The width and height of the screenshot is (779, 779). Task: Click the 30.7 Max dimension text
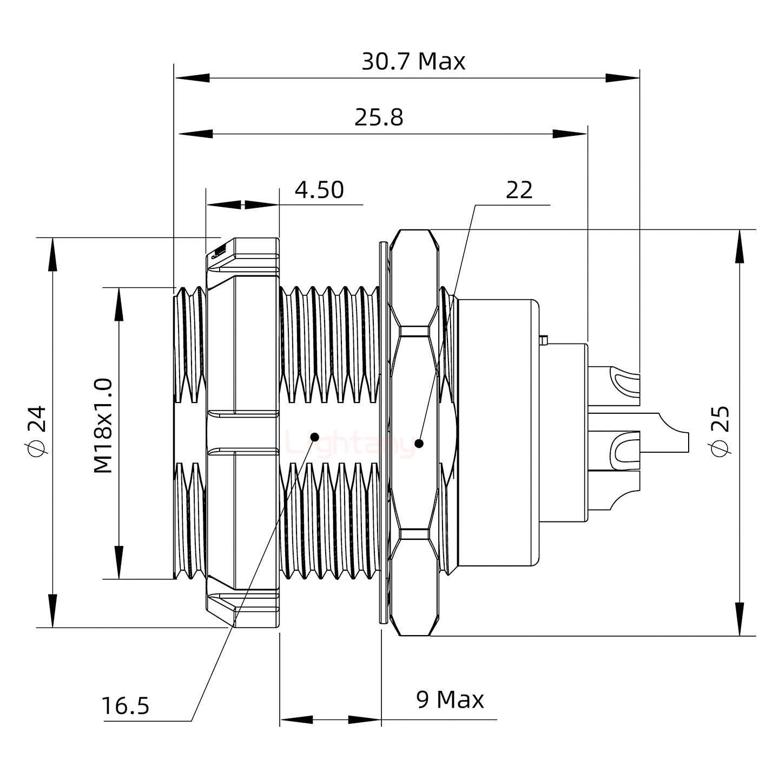tap(413, 62)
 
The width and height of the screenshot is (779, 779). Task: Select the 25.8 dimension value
tap(379, 117)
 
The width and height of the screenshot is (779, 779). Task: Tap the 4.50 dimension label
tap(319, 190)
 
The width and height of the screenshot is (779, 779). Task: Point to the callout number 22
tap(519, 190)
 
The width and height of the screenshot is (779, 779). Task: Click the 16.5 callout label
tap(125, 706)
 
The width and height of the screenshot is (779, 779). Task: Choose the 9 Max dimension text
tap(450, 699)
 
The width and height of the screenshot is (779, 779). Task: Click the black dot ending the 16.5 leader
tap(314, 437)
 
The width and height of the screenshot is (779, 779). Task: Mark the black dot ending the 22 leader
tap(419, 444)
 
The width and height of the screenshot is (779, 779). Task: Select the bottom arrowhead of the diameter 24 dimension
tap(52, 611)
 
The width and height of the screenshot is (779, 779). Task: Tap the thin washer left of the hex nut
tap(384, 433)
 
